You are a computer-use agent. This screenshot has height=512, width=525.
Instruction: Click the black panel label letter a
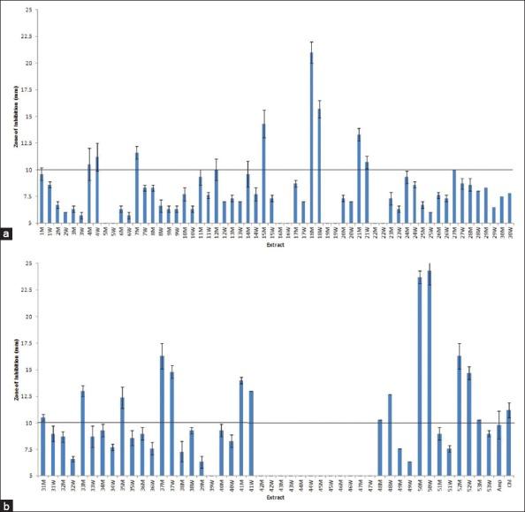[x=8, y=233]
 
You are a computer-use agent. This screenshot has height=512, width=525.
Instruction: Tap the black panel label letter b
[x=8, y=504]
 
